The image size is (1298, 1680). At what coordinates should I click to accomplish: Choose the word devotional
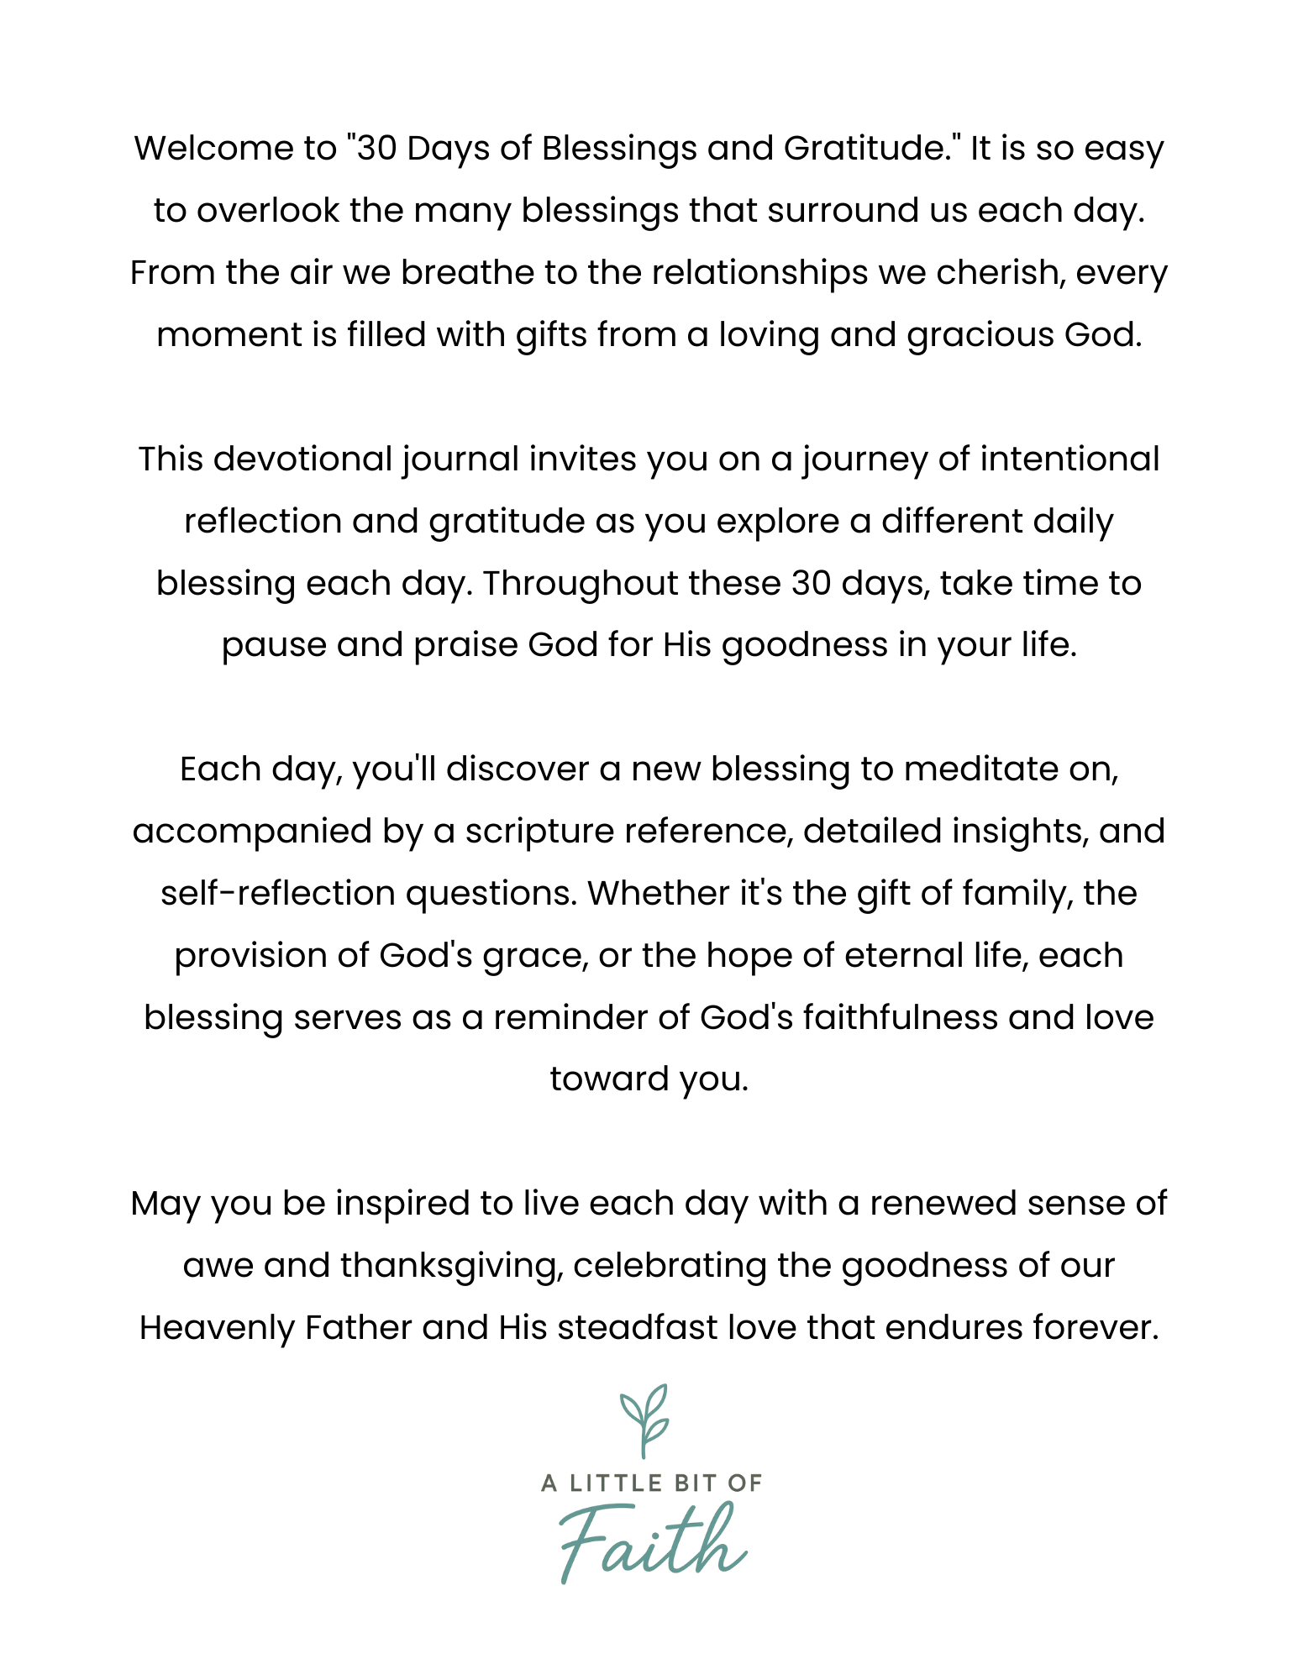tap(303, 459)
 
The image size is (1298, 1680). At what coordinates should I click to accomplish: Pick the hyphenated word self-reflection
tap(278, 894)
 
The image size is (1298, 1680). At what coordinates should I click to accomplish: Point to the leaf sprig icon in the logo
tap(644, 1420)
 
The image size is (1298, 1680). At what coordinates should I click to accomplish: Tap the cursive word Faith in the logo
tap(651, 1542)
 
